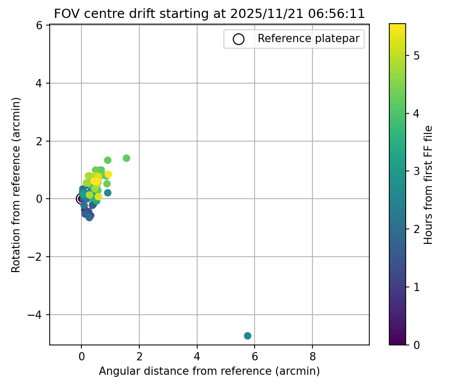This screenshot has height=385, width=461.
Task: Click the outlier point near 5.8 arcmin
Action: pos(247,336)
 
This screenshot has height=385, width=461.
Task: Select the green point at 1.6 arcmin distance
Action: pos(127,158)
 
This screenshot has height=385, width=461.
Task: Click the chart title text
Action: pos(209,14)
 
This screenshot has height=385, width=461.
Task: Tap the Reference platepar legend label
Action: pos(308,38)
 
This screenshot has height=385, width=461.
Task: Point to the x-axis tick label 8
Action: pos(312,355)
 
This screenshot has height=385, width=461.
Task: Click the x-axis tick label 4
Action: pos(197,355)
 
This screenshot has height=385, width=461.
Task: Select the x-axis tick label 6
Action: pos(255,355)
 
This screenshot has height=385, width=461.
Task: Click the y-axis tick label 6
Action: pos(40,25)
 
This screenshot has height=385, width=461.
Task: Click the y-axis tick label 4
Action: pos(40,83)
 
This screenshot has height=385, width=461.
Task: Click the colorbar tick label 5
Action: pos(416,55)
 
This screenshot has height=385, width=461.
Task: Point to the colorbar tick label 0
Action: pos(416,344)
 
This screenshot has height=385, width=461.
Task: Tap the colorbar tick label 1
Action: pos(416,287)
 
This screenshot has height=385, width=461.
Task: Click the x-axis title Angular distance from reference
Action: pos(209,371)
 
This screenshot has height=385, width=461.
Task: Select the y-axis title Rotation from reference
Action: pos(16,185)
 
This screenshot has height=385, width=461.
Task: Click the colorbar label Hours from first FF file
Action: pos(429,185)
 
